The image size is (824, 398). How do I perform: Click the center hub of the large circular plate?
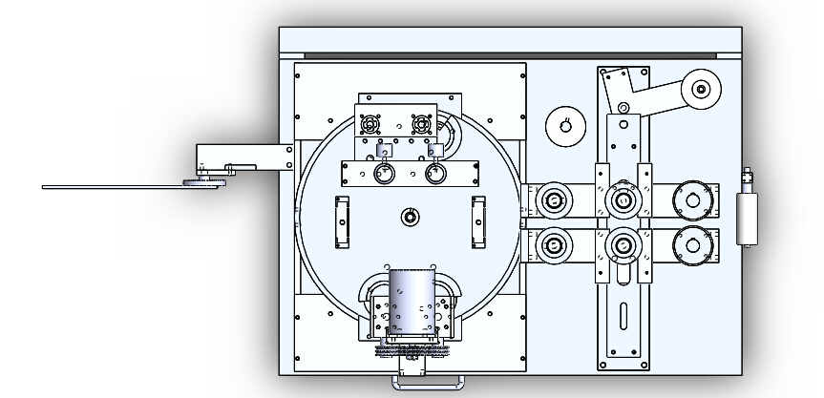[410, 217]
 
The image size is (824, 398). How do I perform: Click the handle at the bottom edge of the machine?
[427, 382]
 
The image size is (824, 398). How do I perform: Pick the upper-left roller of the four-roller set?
[554, 201]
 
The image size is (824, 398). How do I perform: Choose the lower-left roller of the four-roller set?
[554, 245]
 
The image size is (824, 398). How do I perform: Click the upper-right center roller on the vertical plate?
[623, 200]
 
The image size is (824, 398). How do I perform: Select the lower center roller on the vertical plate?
[623, 246]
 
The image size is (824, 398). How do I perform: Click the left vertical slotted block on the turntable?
[342, 222]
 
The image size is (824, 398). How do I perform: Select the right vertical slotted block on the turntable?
[478, 222]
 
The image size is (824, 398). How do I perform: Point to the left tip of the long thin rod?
[45, 187]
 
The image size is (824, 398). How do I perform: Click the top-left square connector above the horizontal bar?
[370, 123]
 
